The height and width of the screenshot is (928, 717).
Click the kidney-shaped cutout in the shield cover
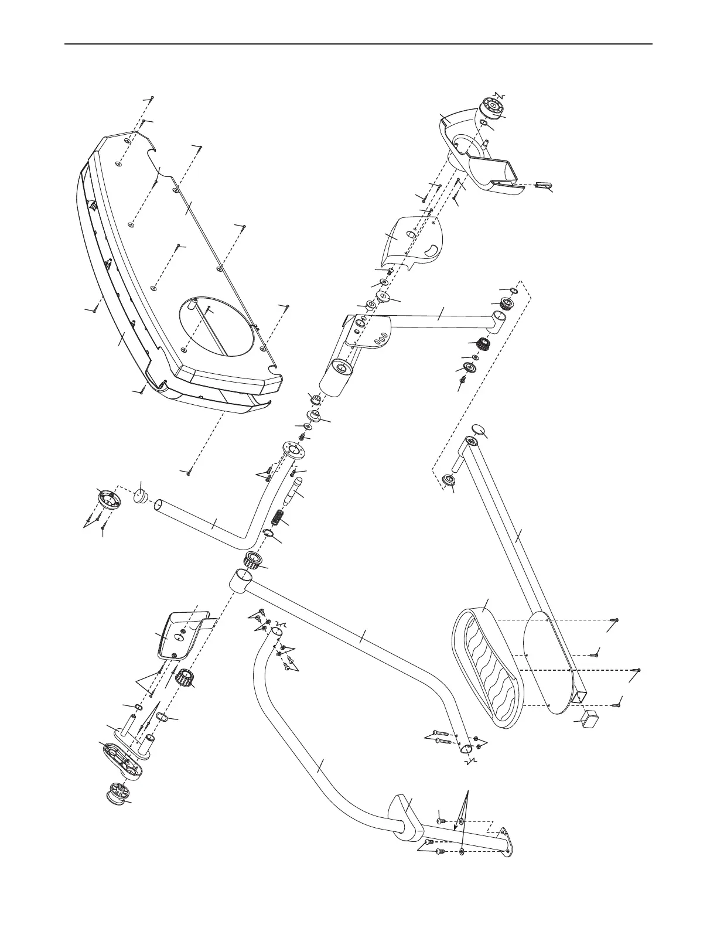tap(432, 250)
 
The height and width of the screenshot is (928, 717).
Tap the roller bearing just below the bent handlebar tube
tap(252, 561)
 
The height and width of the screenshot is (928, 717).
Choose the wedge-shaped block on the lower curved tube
tap(404, 814)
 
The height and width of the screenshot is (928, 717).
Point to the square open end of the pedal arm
tap(581, 697)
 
